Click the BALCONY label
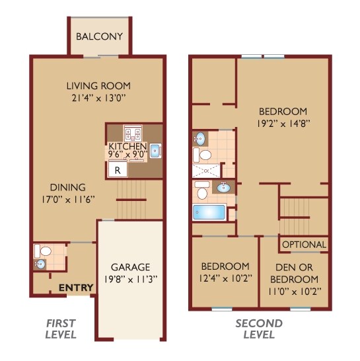(x=99, y=36)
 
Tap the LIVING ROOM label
(x=98, y=85)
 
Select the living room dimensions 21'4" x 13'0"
(x=98, y=97)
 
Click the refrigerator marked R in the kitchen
(x=118, y=169)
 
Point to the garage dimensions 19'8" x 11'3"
(x=131, y=278)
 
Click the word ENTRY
(x=75, y=288)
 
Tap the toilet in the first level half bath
(x=44, y=251)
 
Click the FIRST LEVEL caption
(x=61, y=329)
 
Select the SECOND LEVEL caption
(x=259, y=329)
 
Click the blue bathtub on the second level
(x=209, y=213)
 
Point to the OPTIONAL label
(x=304, y=245)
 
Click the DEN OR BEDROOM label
(x=294, y=272)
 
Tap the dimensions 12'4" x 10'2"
(x=225, y=278)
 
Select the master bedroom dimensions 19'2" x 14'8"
(x=283, y=122)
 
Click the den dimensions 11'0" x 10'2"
(x=294, y=290)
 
